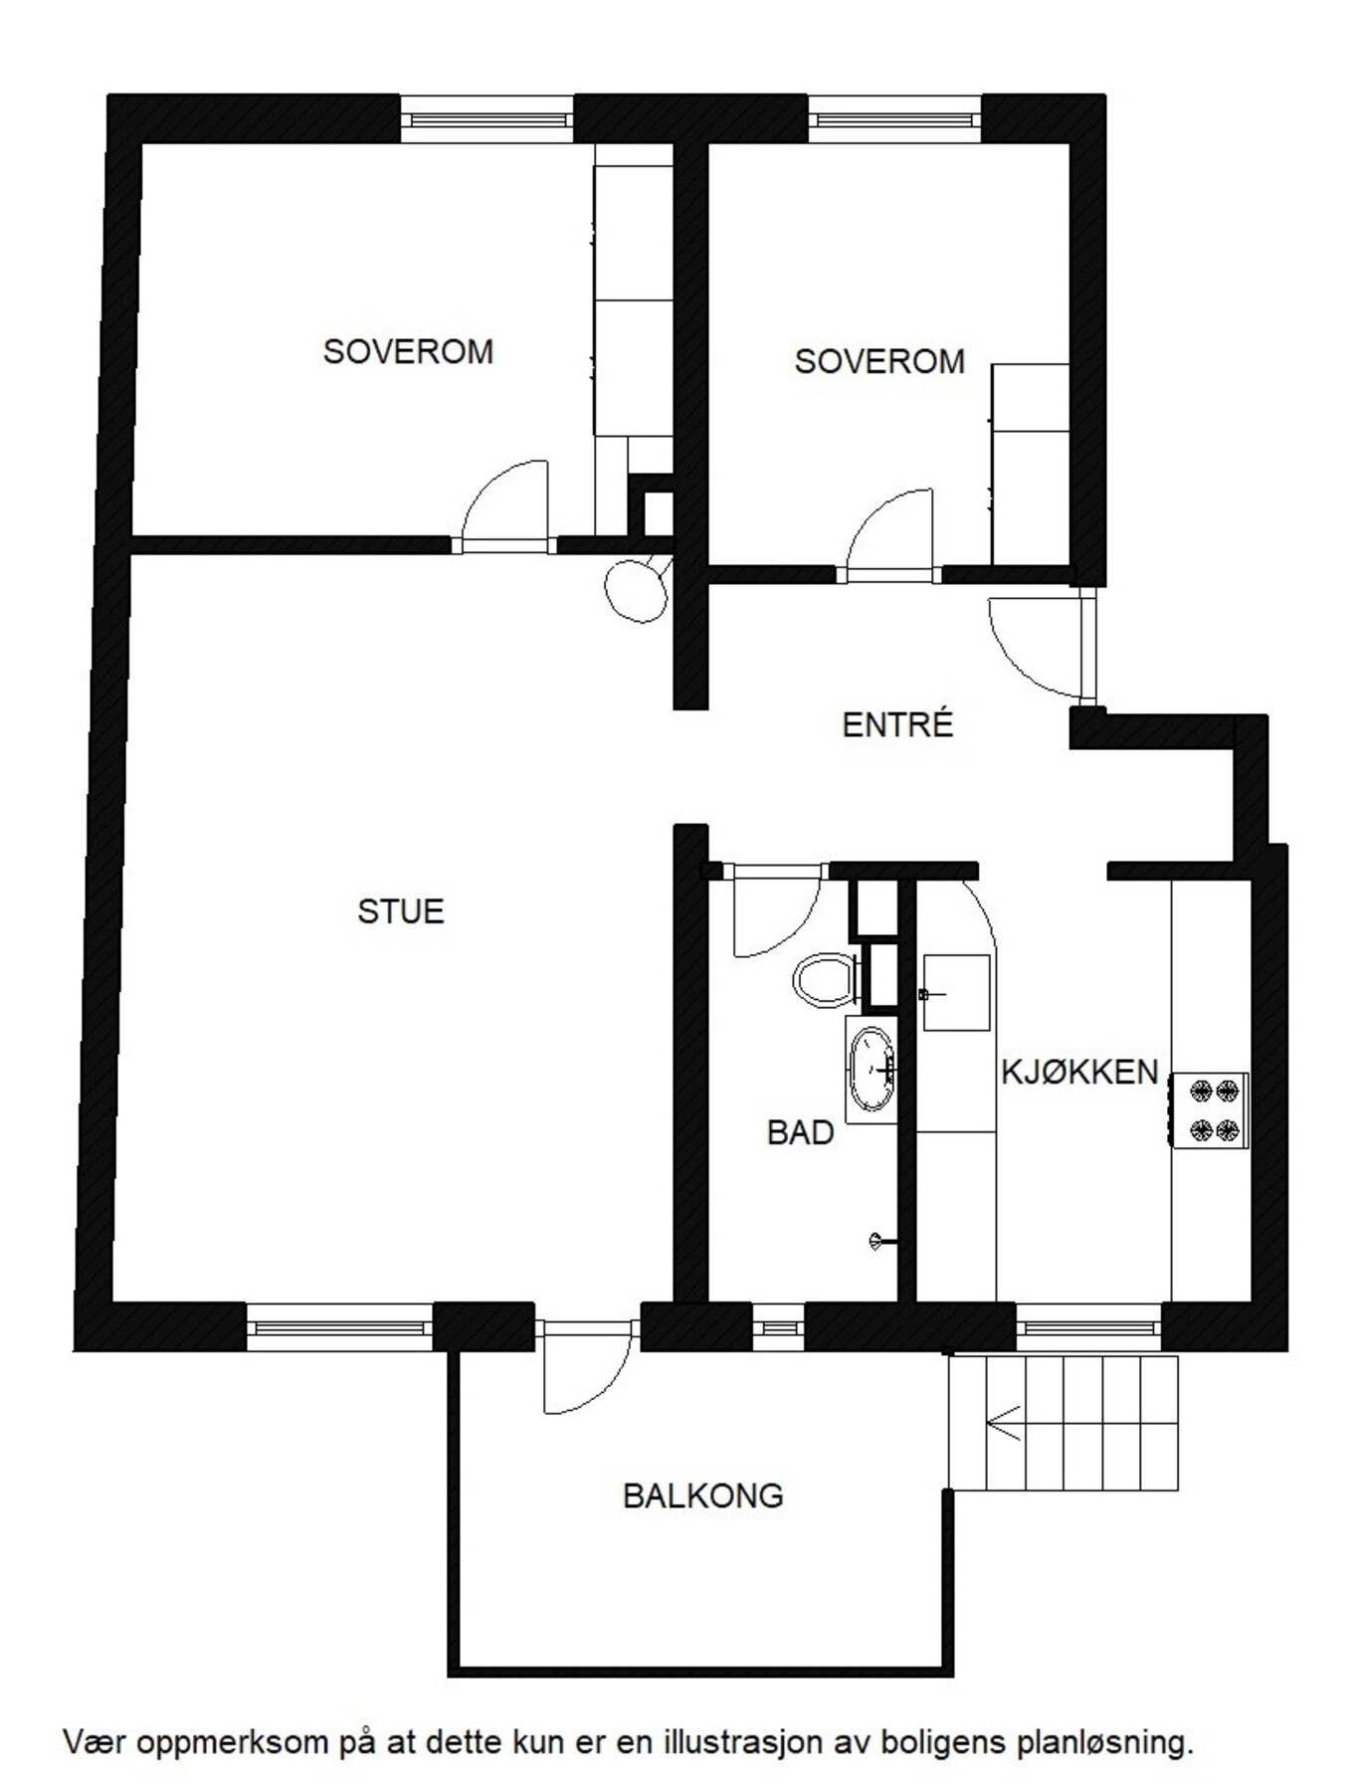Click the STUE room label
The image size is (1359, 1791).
tap(400, 911)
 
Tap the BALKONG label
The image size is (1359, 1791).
tap(702, 1495)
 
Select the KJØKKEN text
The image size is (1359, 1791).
tap(1079, 1072)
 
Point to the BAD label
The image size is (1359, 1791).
tap(800, 1132)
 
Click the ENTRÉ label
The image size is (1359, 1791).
tap(897, 724)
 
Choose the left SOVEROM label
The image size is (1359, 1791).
tap(408, 351)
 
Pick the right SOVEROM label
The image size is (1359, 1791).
tap(879, 360)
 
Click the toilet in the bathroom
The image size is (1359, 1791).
tap(825, 980)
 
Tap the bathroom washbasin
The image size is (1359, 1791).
tap(873, 1069)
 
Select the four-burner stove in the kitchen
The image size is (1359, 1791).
tap(1210, 1109)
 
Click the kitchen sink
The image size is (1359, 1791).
tap(956, 992)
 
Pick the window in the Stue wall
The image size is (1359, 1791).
tap(339, 1326)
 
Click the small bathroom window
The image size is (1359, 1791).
tap(776, 1326)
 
